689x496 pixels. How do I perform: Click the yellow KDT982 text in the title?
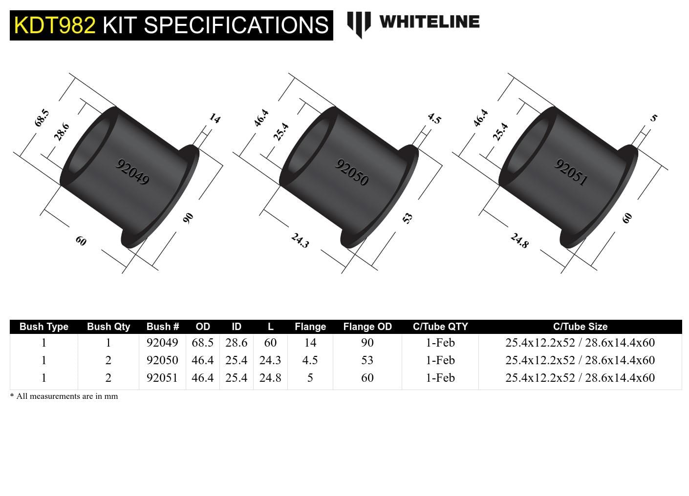[x=55, y=25]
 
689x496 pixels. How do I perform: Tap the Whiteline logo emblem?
[x=359, y=23]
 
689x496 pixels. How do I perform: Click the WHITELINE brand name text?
[x=429, y=22]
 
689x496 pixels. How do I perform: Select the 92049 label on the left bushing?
[x=132, y=172]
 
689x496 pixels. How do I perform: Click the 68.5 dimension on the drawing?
[x=42, y=118]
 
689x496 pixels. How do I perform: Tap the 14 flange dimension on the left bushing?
[x=215, y=118]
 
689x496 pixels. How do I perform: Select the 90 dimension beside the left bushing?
[x=188, y=218]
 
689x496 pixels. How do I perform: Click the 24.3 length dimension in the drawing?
[x=300, y=240]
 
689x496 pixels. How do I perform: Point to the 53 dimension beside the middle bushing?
[x=408, y=218]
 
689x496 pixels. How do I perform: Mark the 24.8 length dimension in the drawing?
[x=519, y=240]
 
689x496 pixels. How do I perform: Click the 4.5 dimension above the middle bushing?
[x=434, y=118]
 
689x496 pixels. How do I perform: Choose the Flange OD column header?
[x=367, y=327]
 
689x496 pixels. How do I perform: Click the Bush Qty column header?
[x=108, y=327]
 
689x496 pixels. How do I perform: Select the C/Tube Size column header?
[x=580, y=327]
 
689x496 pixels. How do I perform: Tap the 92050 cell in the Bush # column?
[x=162, y=360]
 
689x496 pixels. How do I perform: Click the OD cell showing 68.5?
[x=202, y=343]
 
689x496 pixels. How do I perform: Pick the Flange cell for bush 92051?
[x=310, y=378]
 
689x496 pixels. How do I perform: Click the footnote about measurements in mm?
[x=64, y=396]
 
